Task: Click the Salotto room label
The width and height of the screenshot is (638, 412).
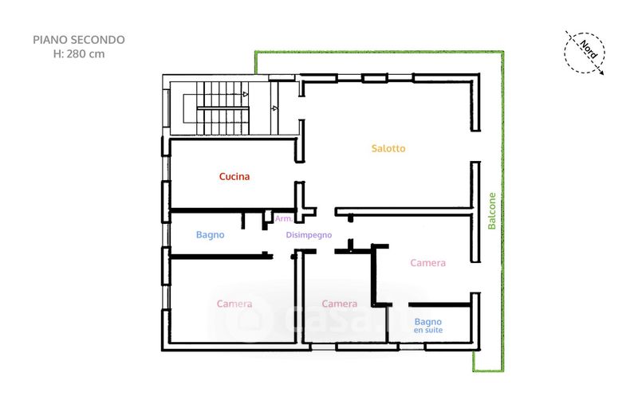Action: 388,148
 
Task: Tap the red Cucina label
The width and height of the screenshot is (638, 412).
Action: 234,177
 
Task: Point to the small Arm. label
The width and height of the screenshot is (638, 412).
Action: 282,218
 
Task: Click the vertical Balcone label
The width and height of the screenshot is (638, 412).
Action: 492,211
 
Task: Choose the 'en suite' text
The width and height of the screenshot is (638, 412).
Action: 428,330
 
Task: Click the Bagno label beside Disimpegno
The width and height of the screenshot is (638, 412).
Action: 210,235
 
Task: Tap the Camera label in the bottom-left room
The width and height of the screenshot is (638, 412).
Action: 234,304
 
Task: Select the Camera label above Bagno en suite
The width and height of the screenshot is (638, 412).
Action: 427,263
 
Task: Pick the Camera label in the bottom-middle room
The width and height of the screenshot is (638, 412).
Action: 339,304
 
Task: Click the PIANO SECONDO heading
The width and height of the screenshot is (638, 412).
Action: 78,39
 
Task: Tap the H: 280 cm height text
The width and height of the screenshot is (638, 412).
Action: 78,54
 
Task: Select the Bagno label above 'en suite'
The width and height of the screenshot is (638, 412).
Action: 428,321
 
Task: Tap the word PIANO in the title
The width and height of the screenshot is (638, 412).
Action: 49,39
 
